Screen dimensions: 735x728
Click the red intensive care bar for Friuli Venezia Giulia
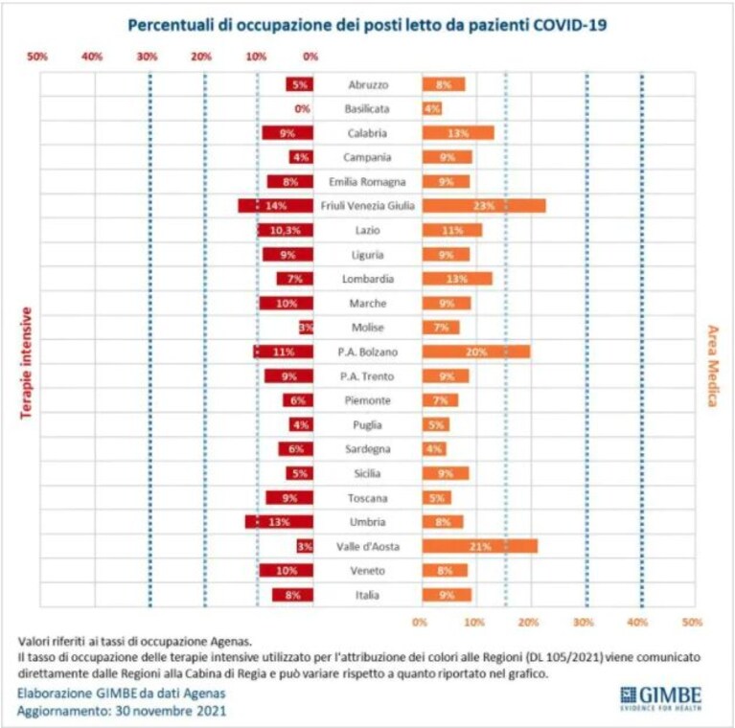tap(276, 206)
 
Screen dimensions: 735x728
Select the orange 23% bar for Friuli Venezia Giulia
tap(484, 206)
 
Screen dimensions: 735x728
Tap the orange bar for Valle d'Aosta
tap(480, 546)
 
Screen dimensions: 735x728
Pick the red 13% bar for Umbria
tap(279, 522)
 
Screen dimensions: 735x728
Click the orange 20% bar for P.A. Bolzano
tap(476, 352)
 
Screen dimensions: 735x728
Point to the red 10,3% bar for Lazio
tap(286, 230)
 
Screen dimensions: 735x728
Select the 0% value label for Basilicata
tap(303, 108)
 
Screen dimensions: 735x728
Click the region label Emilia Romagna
tap(367, 182)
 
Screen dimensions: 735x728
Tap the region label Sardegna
tap(368, 449)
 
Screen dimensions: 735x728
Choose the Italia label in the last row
tap(367, 595)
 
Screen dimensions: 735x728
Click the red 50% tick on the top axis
tap(37, 57)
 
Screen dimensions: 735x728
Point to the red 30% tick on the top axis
tap(148, 57)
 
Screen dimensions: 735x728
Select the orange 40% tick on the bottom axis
tap(637, 622)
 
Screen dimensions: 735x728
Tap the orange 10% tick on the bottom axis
tap(474, 622)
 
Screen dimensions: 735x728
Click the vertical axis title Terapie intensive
tap(26, 363)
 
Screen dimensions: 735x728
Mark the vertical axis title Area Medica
tap(713, 366)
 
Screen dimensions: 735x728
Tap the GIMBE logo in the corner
tap(661, 698)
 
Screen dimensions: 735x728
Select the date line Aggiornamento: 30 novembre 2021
tap(122, 711)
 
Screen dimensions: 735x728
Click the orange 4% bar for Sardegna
tap(434, 449)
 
